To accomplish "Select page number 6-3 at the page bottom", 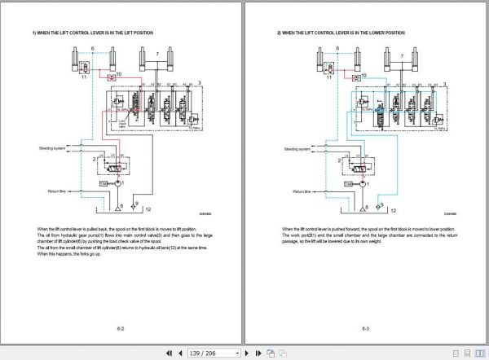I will pyautogui.click(x=367, y=328).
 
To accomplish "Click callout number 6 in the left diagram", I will pyautogui.click(x=92, y=50).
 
